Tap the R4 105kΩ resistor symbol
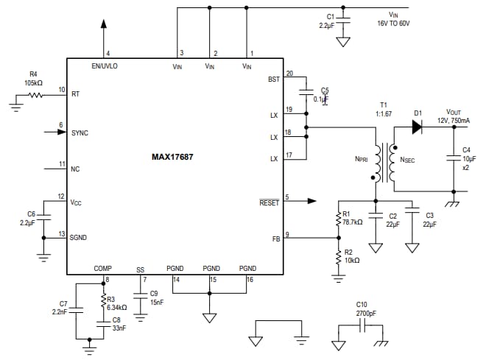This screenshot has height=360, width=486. pyautogui.click(x=34, y=93)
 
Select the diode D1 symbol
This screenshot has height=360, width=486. pyautogui.click(x=418, y=126)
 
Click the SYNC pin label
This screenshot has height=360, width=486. pyautogui.click(x=80, y=133)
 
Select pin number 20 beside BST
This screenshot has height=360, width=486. pyautogui.click(x=289, y=73)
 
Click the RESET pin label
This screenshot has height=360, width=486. pyautogui.click(x=269, y=202)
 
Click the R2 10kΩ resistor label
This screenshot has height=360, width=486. pyautogui.click(x=352, y=256)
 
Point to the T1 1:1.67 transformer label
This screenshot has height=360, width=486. pyautogui.click(x=384, y=109)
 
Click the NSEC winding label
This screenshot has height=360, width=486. pyautogui.click(x=406, y=158)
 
